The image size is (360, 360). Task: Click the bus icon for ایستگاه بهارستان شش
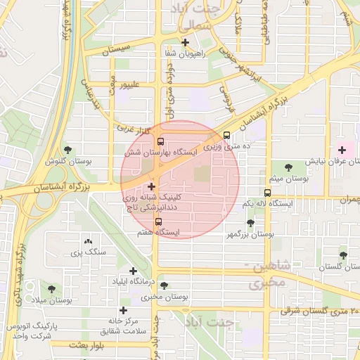coord(161,141)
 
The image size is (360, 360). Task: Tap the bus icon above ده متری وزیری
coord(226,136)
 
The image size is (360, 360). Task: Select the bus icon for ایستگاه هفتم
coord(157,221)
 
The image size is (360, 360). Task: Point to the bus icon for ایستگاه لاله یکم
coord(267,193)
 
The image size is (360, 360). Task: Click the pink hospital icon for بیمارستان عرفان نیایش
coord(342,150)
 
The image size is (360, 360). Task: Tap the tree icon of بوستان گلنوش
coord(67,150)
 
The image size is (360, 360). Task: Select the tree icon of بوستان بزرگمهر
coord(250,222)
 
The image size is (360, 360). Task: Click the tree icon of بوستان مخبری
coord(164,285)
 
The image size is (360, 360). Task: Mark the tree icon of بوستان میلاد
coord(51,288)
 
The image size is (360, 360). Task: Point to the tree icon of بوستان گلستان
coord(342,256)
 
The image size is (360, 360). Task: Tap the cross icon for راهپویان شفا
coord(185,43)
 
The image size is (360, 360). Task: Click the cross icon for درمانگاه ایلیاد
coord(133,271)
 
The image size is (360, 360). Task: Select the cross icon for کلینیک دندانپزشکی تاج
coord(151,186)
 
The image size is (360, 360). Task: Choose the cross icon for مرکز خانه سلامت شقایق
coord(124,310)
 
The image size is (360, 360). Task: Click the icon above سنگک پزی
coord(87,241)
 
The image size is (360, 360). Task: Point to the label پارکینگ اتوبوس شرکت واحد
coord(29,331)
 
